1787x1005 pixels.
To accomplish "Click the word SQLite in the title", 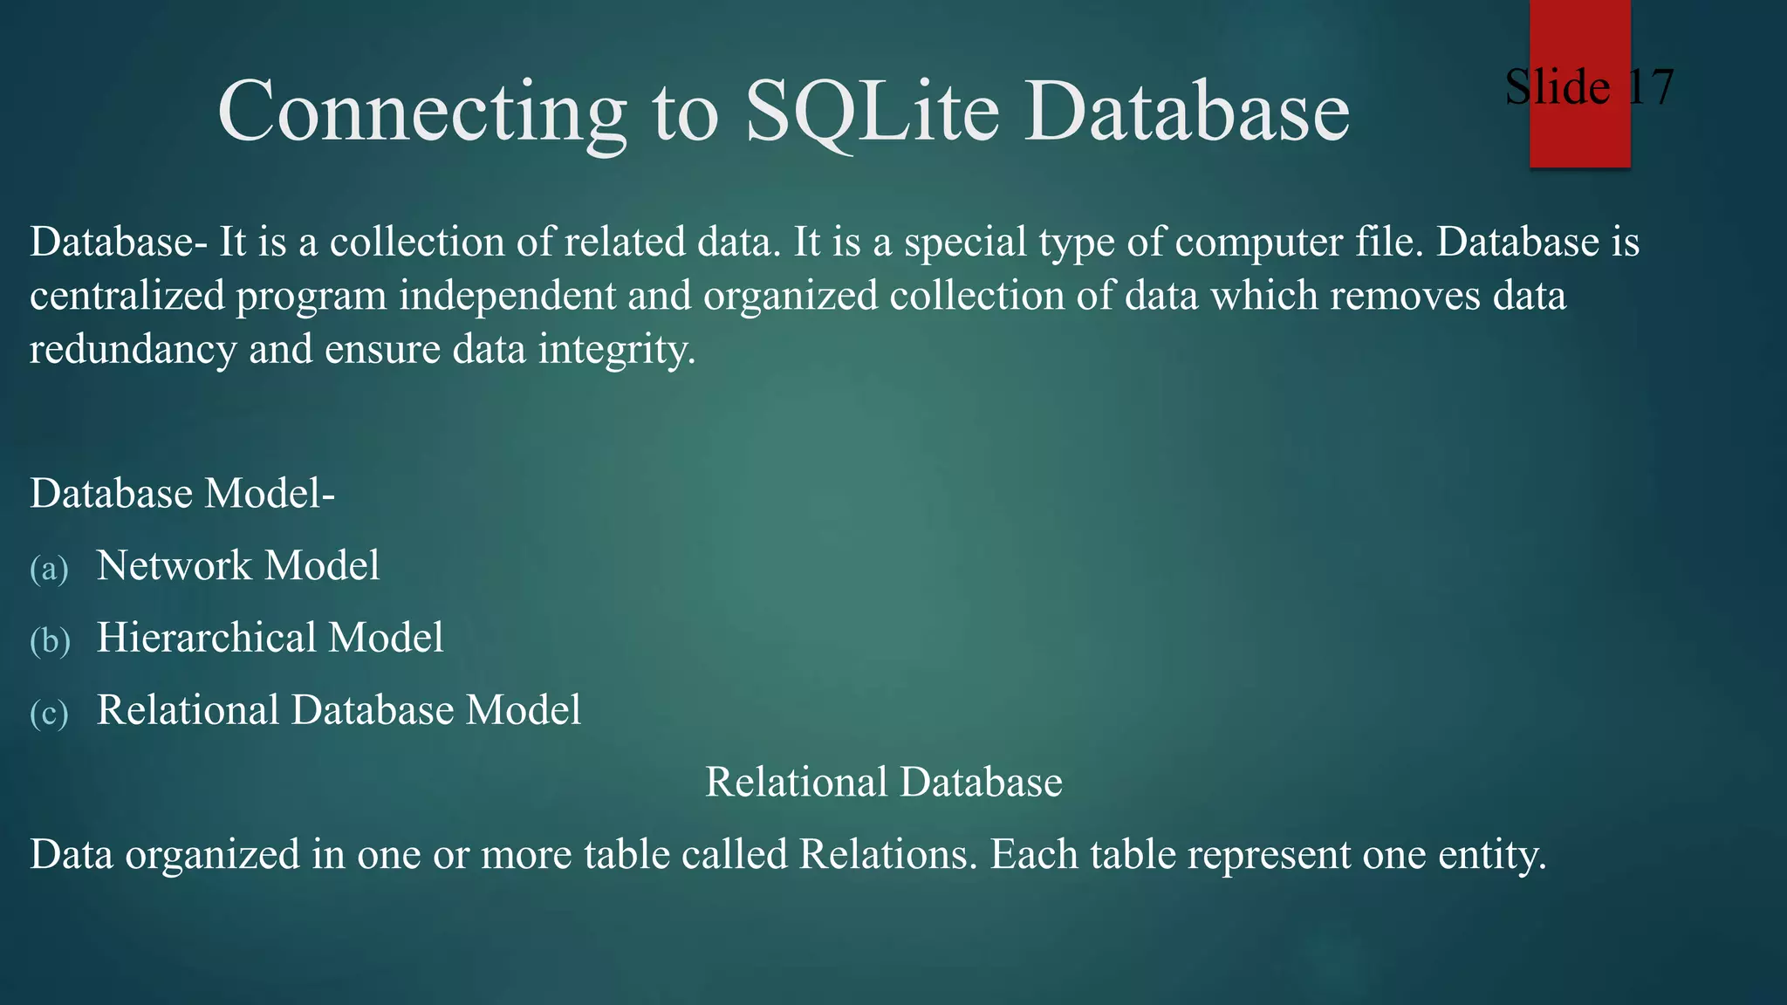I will (x=872, y=112).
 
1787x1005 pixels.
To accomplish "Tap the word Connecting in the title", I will (x=421, y=112).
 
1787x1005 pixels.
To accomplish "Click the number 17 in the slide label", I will (x=1650, y=87).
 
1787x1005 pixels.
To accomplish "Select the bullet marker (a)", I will (x=49, y=569).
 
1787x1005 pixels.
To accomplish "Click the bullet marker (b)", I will (x=50, y=641).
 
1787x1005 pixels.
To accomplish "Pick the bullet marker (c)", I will (x=49, y=714).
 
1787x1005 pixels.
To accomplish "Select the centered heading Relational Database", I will (x=883, y=782).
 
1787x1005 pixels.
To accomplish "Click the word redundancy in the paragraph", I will (x=133, y=350).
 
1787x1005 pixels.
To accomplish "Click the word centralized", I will (x=127, y=296).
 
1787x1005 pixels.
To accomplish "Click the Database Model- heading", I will (x=182, y=494).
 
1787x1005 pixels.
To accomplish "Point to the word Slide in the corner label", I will (x=1557, y=87).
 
